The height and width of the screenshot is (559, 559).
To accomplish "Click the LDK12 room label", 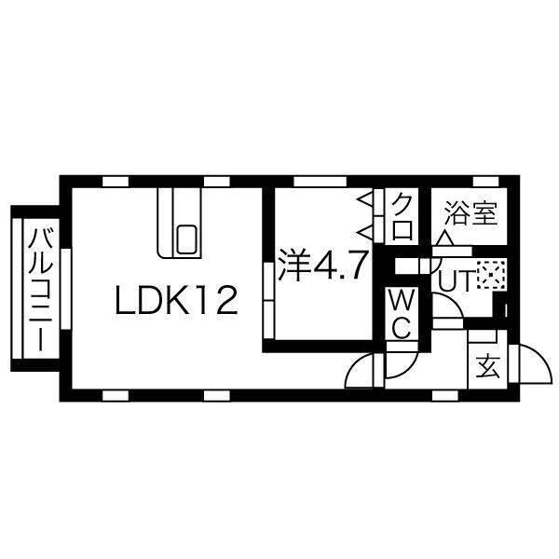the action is tap(176, 301).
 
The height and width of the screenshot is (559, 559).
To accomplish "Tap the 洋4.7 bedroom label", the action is tap(323, 265).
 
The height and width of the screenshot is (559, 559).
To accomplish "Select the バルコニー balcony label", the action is tap(41, 290).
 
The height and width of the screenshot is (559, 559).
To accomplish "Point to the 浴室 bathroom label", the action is tap(471, 213).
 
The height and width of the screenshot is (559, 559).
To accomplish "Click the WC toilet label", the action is tap(402, 314).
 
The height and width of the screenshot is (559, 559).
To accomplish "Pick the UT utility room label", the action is tap(455, 280).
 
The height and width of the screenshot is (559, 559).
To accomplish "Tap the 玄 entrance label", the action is tap(488, 366).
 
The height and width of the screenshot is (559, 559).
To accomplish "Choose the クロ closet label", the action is tap(402, 216).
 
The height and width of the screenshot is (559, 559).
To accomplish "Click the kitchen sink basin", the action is tap(186, 239).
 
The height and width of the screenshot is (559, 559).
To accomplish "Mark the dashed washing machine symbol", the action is tap(491, 275).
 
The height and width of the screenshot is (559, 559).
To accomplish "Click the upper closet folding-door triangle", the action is tap(366, 198).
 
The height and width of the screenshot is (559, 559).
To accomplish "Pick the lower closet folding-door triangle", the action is tap(366, 233).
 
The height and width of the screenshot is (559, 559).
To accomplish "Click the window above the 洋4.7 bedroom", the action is tap(320, 182).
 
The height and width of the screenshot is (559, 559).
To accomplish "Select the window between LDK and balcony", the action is tap(66, 289).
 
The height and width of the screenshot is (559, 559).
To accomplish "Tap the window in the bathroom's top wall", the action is tap(485, 182).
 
